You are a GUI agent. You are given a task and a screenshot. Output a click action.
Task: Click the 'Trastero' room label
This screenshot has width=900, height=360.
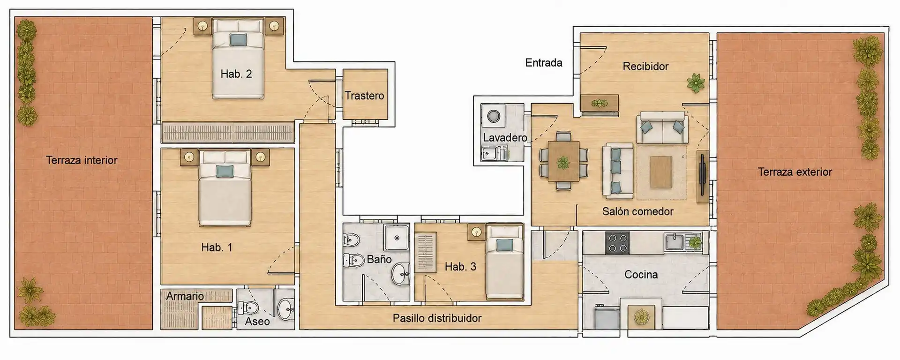[x=364, y=96]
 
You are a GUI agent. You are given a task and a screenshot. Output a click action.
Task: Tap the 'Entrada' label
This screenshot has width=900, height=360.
[x=544, y=63]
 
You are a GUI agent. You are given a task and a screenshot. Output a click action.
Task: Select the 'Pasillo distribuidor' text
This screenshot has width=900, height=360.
[x=437, y=318]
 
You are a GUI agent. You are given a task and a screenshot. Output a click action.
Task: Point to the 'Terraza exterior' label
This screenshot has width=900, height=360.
[x=795, y=172]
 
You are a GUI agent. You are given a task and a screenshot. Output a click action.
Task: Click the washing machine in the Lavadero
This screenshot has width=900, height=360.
[x=494, y=116]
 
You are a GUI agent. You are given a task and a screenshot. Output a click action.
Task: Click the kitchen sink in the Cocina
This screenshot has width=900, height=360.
[x=675, y=242]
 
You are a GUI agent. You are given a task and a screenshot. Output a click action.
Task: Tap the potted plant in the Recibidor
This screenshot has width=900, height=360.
[x=696, y=83]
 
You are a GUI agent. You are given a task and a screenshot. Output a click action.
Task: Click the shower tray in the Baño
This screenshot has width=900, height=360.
[x=397, y=238]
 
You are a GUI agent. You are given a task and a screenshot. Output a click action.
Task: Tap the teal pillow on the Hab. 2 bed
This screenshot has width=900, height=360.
[x=238, y=39]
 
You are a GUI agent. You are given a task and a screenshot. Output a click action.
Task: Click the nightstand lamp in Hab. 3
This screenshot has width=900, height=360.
[x=477, y=232]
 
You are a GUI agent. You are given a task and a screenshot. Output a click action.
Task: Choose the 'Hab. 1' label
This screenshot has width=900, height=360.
[x=217, y=247]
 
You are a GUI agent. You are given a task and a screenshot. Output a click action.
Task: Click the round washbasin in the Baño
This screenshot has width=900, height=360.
[x=400, y=274]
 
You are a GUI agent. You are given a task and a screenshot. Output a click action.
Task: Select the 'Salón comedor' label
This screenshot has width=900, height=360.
[x=637, y=211]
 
